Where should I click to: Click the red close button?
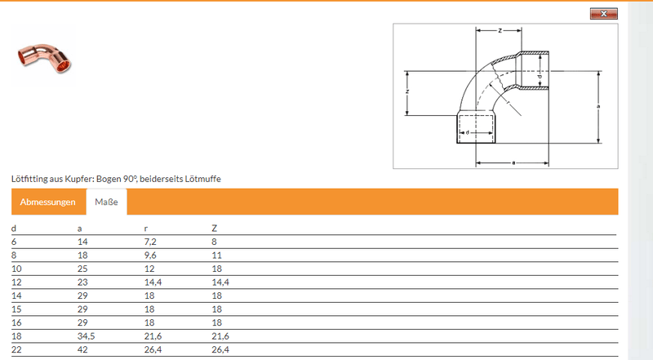(x=603, y=14)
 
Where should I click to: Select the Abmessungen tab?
(x=48, y=202)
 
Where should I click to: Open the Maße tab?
(x=106, y=202)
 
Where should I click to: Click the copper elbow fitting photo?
(x=44, y=56)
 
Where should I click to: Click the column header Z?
(x=214, y=229)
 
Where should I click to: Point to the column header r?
(x=146, y=229)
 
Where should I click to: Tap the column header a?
(x=79, y=229)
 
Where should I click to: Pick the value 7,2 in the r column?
(x=150, y=242)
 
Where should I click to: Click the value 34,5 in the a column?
(x=87, y=336)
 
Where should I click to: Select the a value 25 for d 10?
(x=82, y=269)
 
